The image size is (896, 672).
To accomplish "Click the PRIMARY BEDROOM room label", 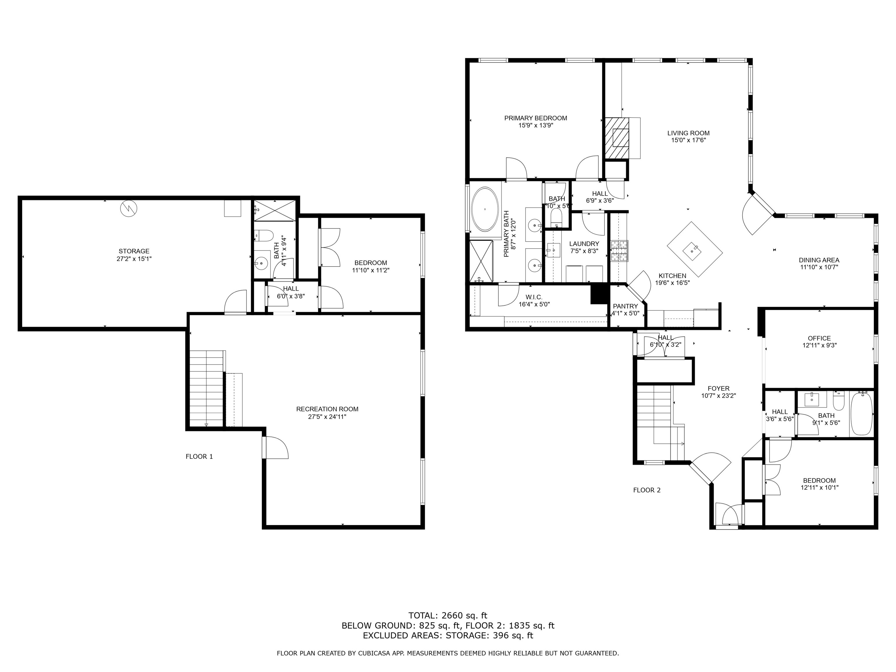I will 535,118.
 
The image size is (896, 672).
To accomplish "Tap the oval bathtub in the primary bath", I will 485,209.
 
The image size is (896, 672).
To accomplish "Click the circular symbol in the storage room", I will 128,208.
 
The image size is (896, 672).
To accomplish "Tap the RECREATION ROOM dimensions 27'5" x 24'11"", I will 327,416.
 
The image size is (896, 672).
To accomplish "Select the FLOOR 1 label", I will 199,456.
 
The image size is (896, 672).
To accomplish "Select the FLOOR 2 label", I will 647,490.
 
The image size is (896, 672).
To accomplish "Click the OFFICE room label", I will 819,338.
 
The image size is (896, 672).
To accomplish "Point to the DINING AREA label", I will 819,260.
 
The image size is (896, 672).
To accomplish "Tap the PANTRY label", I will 625,306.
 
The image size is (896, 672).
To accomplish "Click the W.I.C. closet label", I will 534,297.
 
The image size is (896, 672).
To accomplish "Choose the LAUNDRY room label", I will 584,244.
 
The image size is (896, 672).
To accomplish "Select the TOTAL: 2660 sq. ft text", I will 448,616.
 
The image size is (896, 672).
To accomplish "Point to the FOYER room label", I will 719,388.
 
